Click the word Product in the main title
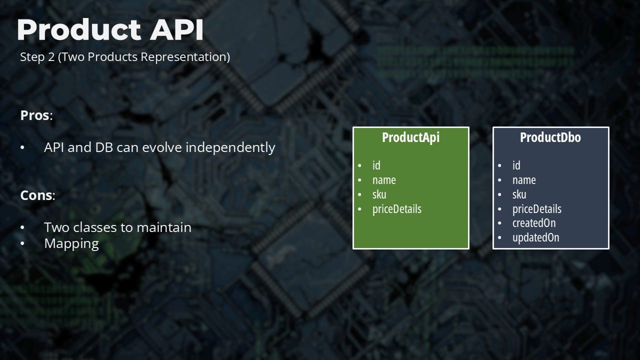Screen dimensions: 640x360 [79, 29]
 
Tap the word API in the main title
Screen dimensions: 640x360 [176, 29]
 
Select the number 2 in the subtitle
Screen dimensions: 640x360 [51, 57]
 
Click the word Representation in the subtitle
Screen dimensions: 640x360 [185, 57]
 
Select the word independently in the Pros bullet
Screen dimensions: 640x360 [230, 147]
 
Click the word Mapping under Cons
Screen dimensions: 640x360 [71, 244]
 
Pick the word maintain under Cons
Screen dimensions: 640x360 [164, 227]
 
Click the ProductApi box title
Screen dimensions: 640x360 [411, 137]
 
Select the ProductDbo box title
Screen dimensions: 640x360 [550, 137]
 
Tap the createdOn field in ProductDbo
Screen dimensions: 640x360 [534, 223]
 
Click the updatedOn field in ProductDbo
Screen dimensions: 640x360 [535, 237]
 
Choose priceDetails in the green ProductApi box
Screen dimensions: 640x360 [397, 209]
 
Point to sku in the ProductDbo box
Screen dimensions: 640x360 [519, 194]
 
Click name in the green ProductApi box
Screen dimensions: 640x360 [384, 180]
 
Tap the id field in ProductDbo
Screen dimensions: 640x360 [516, 165]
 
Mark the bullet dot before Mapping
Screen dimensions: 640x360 [22, 244]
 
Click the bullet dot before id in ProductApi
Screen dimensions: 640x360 [359, 165]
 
